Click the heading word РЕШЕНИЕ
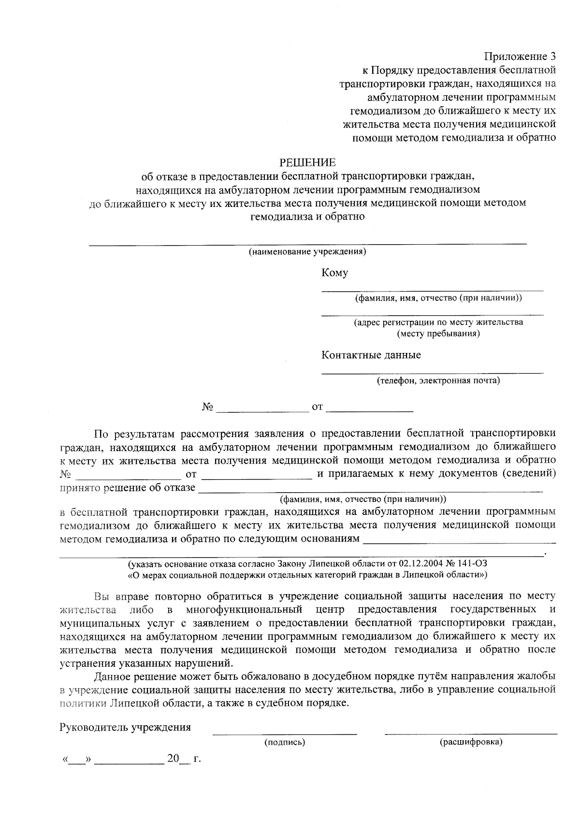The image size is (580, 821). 308,162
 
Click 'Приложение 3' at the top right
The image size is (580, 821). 520,57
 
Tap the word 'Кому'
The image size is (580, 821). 334,273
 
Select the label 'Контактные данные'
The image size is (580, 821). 371,355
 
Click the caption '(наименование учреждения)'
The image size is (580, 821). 307,252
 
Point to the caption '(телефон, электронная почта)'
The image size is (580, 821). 438,381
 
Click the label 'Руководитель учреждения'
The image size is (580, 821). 125,728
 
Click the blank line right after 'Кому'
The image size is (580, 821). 433,290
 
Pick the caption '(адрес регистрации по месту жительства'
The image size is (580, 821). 438,322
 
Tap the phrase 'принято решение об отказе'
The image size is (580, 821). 128,487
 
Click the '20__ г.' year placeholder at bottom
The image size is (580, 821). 183,759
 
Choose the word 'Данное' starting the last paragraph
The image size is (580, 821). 111,675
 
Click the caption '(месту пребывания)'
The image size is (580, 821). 438,334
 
